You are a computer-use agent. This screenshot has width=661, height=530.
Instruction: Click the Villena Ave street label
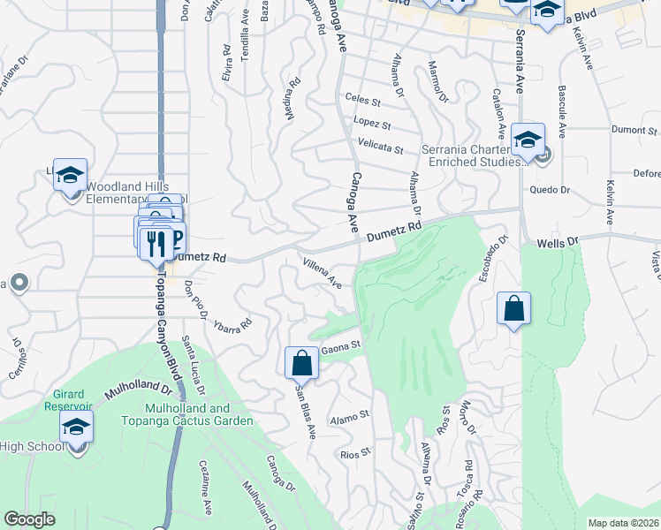(x=323, y=273)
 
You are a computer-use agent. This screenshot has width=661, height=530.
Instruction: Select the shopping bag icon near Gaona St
(x=301, y=362)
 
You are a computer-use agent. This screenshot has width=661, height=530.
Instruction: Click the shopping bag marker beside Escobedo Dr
(x=513, y=309)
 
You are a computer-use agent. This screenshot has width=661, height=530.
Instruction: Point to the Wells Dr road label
(x=557, y=241)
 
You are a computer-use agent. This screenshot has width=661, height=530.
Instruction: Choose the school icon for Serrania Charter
(x=528, y=140)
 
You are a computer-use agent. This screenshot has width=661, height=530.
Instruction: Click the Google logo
(x=30, y=519)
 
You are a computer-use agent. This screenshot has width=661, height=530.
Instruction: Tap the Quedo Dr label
(x=550, y=189)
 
